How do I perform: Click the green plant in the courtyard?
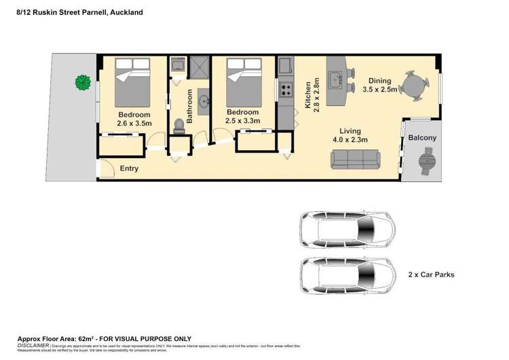83,83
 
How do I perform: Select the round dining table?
413,84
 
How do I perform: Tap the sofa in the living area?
354,159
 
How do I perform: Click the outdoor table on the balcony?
426,162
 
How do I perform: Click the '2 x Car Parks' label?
431,275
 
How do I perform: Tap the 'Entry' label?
129,168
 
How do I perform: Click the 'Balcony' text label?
422,138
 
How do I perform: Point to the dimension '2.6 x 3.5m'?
134,124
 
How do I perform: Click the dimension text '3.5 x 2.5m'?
380,89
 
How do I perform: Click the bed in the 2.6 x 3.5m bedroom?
132,79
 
